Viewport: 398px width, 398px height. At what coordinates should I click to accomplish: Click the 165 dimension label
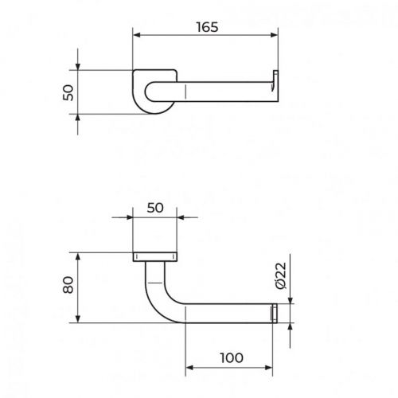pos(207,27)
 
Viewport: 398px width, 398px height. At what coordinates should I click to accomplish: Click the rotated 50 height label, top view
pos(68,92)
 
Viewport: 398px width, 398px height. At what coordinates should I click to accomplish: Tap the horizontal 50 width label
pos(155,208)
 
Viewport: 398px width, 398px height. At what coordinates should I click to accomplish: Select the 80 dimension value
pos(68,285)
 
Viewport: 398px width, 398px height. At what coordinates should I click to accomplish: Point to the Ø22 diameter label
pos(281,275)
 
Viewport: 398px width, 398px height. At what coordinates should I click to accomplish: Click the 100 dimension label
pos(232,358)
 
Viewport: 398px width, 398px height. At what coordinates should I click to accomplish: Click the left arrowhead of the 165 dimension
pos(136,35)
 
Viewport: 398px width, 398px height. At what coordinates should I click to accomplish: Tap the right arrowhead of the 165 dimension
pos(274,35)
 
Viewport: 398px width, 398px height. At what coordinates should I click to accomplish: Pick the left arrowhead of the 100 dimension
pos(189,368)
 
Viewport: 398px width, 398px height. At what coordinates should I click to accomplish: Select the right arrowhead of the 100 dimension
pos(269,368)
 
